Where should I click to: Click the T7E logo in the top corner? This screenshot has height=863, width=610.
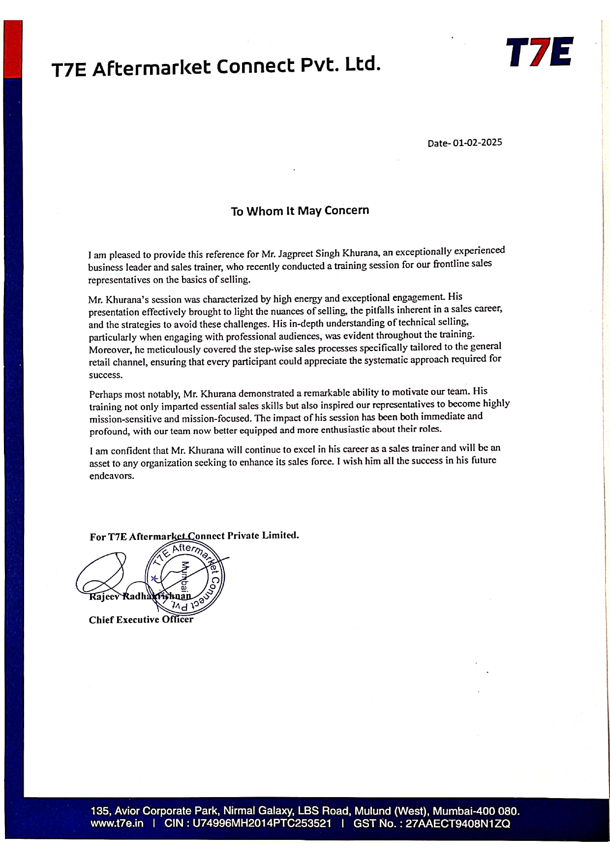(x=539, y=53)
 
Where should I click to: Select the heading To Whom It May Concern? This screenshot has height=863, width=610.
(x=300, y=211)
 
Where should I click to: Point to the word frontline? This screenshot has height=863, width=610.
(x=452, y=265)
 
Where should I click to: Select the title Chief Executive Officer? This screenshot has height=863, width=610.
(x=141, y=620)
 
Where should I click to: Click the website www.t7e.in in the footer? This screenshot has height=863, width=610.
(x=117, y=823)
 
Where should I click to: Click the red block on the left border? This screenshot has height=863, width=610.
(x=13, y=49)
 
